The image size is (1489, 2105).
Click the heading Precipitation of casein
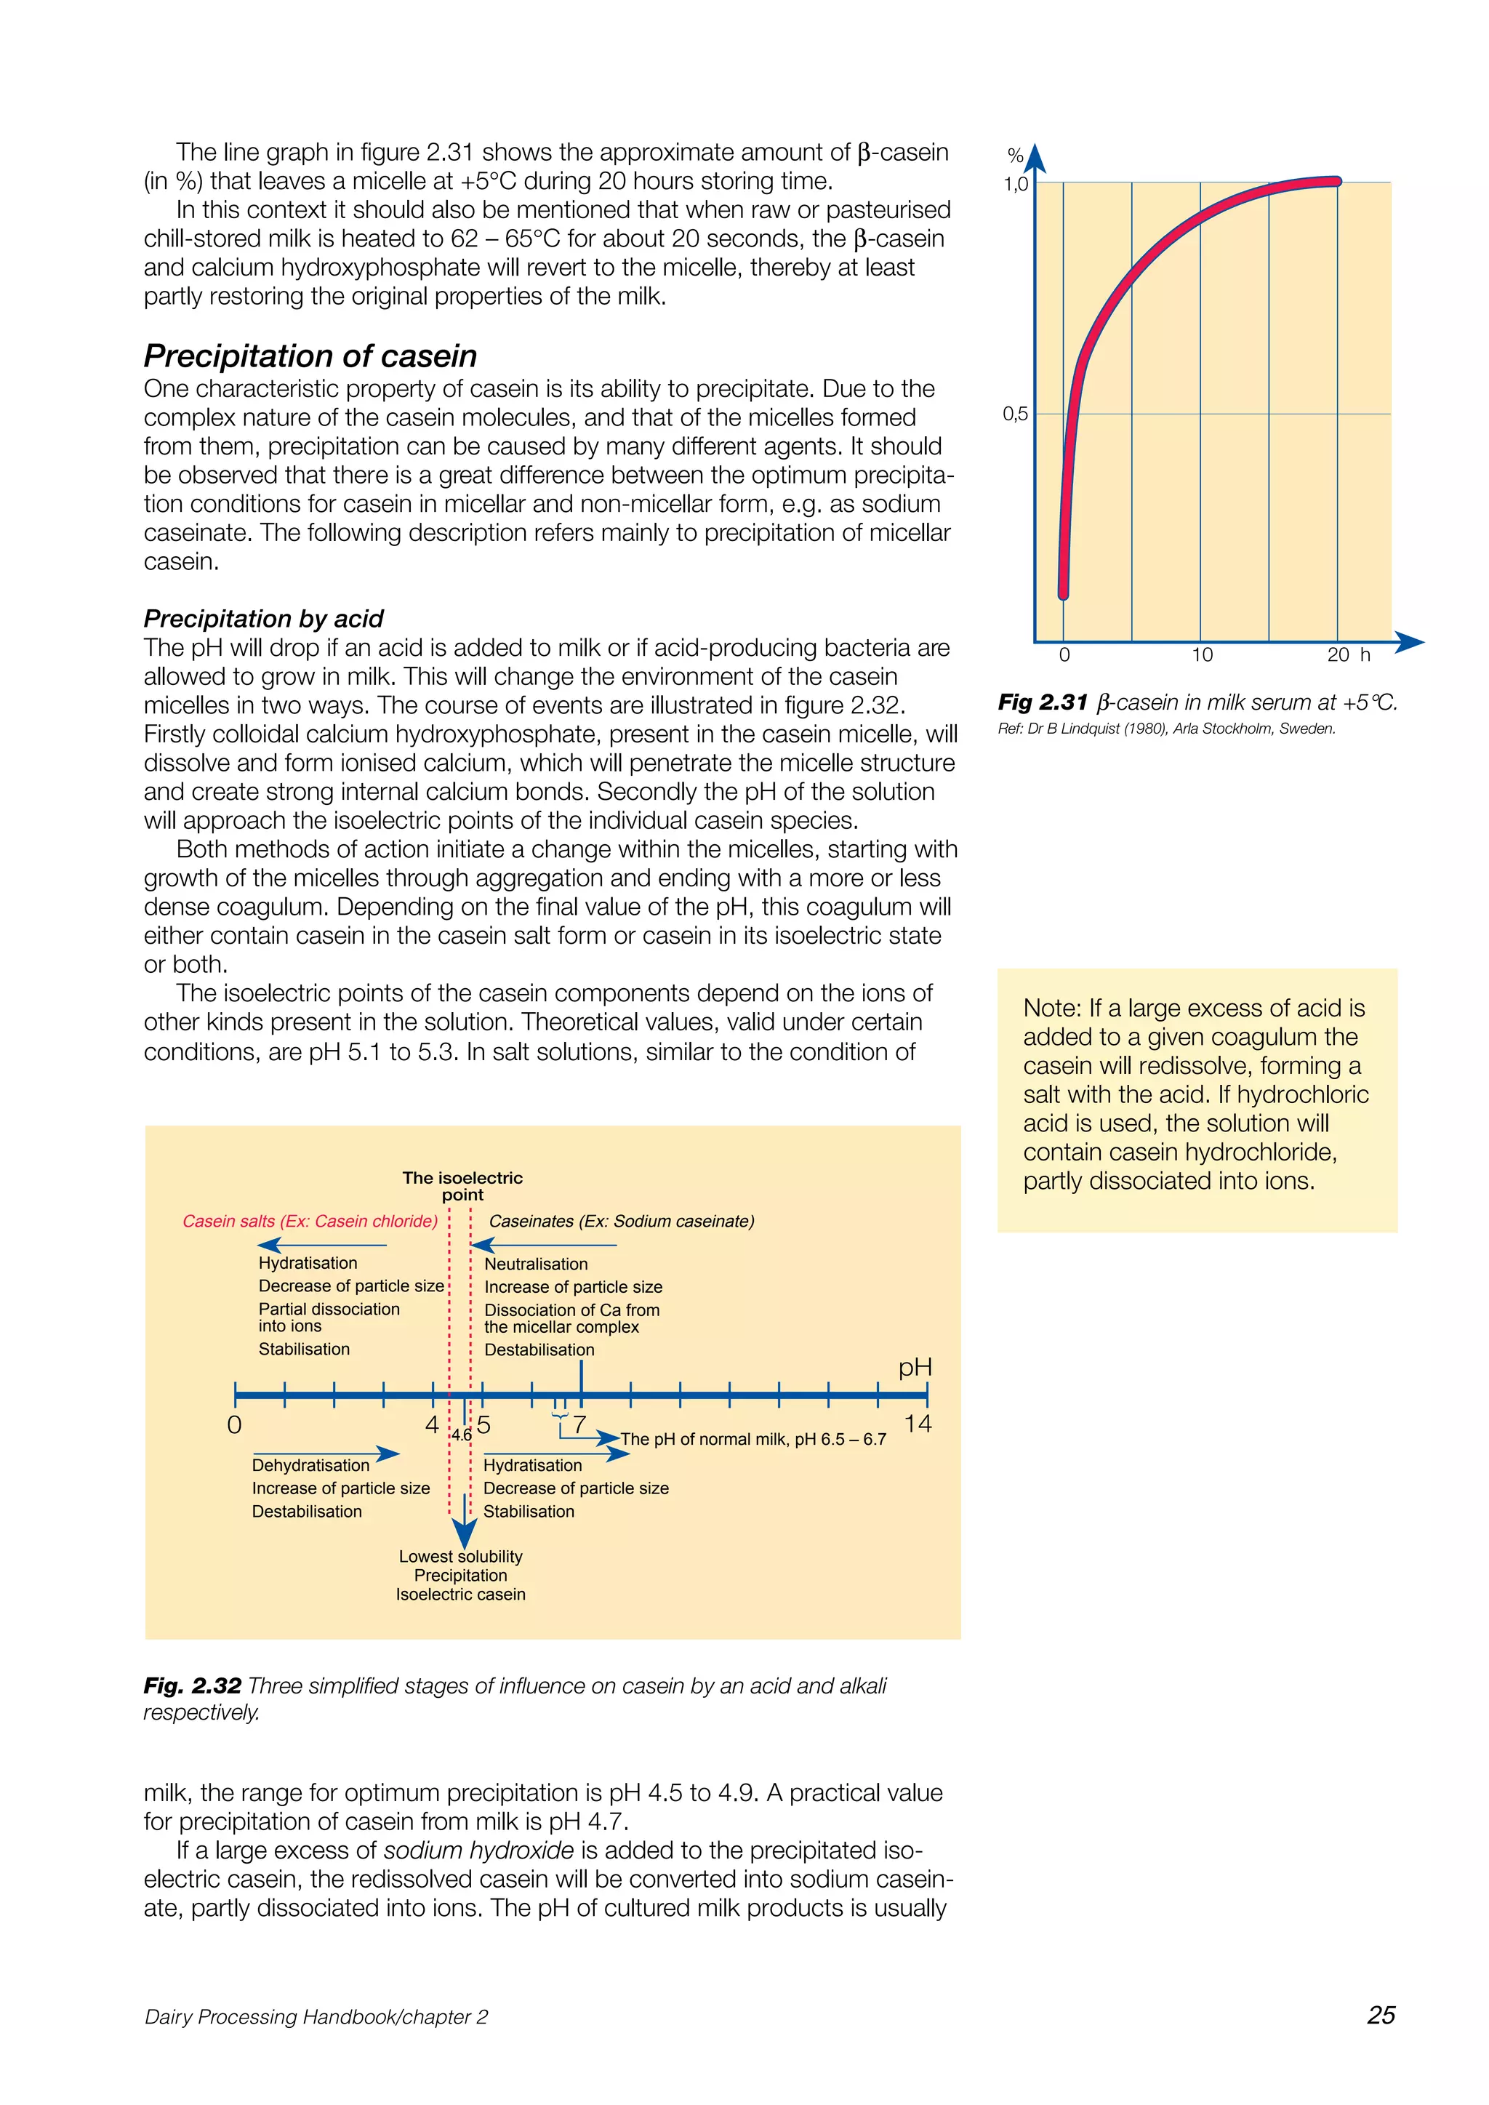(310, 356)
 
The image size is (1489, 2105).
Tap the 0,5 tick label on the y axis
(1015, 414)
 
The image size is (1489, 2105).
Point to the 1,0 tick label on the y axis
(1015, 184)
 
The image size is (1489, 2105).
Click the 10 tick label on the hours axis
(1201, 654)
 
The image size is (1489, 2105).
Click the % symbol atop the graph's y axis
(1015, 156)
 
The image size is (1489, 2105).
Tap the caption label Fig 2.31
(1043, 702)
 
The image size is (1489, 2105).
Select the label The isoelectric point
(462, 1185)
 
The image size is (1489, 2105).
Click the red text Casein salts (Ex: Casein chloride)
(310, 1222)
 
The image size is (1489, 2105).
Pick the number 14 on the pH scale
(917, 1424)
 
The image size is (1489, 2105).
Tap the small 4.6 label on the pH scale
(461, 1435)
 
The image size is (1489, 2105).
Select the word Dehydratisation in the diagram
(311, 1465)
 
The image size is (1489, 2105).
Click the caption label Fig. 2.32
(193, 1685)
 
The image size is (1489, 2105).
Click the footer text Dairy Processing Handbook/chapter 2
(316, 2016)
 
